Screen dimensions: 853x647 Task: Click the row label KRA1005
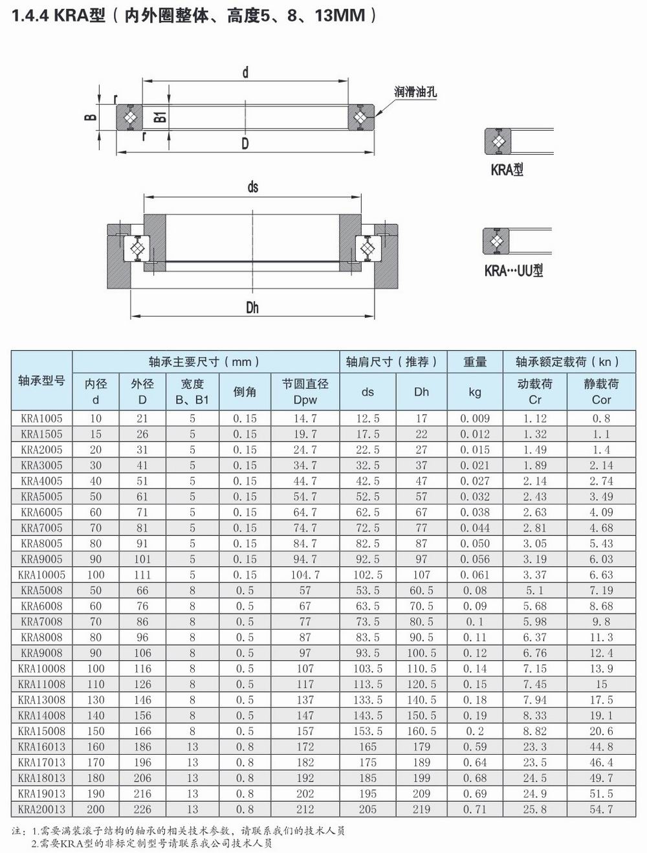point(41,419)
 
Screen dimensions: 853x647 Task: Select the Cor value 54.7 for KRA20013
point(601,810)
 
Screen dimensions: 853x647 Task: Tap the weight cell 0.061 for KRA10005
point(475,575)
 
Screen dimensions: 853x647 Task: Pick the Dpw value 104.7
point(305,575)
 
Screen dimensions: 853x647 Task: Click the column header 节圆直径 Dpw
point(305,392)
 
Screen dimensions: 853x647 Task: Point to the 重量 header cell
point(475,362)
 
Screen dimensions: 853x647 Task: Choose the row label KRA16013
point(41,747)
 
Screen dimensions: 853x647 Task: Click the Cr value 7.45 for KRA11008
point(535,684)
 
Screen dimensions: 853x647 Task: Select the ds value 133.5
point(367,700)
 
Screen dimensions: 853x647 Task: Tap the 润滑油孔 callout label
point(415,92)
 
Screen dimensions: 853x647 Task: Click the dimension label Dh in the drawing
point(252,307)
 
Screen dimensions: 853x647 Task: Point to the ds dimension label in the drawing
point(252,187)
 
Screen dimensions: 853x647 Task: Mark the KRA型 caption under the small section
point(507,170)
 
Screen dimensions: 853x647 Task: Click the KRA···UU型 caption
point(514,271)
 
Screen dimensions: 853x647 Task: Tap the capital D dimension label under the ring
point(245,143)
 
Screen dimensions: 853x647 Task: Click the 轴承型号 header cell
point(41,381)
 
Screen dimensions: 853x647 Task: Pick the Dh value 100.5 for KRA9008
point(421,653)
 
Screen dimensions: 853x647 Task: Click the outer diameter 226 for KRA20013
point(142,810)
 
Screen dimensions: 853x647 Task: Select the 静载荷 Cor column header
point(601,392)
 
